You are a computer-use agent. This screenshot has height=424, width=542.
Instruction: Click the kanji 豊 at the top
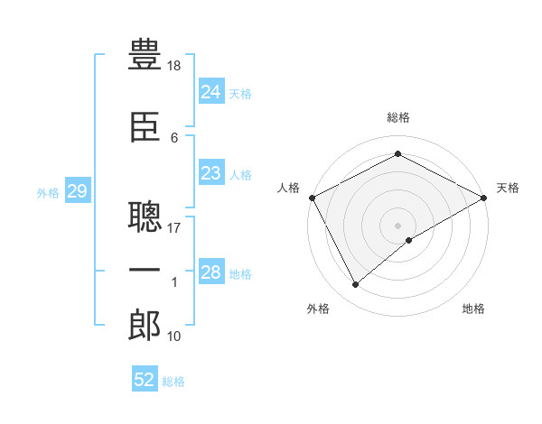coord(145,54)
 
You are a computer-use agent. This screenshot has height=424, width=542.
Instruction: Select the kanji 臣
coord(145,127)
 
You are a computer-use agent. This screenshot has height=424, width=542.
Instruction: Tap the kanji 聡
coord(145,217)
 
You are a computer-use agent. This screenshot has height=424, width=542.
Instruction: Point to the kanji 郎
coord(145,326)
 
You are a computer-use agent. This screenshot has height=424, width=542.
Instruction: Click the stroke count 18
coord(173,66)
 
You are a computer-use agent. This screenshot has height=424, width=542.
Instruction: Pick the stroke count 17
coord(173,228)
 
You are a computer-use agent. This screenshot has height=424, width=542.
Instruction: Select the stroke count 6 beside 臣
coord(174,138)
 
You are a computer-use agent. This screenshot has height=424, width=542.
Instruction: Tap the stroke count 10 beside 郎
coord(173,336)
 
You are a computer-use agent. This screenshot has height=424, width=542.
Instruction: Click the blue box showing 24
coord(211,91)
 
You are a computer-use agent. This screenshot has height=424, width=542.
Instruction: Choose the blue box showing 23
coord(211,172)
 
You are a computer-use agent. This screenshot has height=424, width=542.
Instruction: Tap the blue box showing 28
coord(211,271)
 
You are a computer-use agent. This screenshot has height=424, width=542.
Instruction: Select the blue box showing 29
coord(78,190)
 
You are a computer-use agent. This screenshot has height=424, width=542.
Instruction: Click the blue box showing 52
coord(145,378)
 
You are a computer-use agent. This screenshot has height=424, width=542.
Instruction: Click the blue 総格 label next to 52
coord(173,382)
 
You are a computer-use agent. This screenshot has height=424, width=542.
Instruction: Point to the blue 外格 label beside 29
coord(48,193)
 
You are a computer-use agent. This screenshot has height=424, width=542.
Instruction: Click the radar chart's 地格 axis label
coord(473,309)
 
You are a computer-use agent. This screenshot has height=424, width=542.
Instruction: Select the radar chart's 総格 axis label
coord(398,117)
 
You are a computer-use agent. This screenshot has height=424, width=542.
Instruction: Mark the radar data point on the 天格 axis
coord(484,198)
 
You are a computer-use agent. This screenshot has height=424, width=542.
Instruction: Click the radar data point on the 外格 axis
coord(356,284)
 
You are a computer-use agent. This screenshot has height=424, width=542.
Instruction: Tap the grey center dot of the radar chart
coord(397,226)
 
